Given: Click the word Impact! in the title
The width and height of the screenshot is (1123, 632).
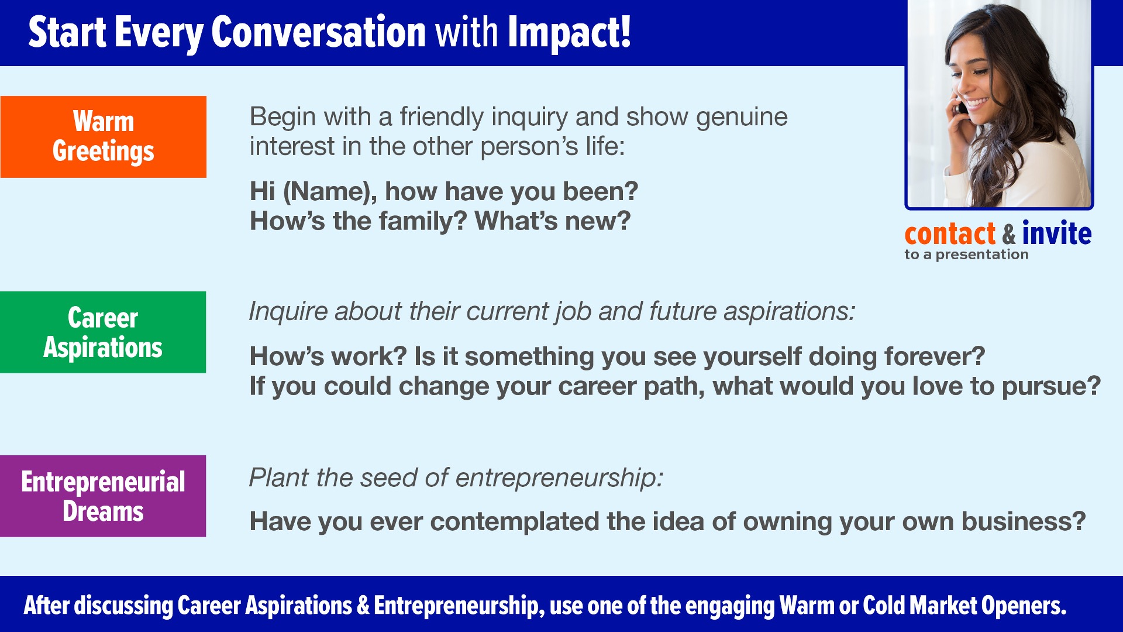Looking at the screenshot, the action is point(569,33).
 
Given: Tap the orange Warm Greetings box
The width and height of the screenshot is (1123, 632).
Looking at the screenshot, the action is point(104,137).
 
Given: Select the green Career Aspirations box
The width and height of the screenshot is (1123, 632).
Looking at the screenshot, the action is point(103,332).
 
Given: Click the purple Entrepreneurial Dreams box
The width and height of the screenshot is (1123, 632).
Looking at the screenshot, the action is point(103,496).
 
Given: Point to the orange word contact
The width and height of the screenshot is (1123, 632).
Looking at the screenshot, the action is point(950,233).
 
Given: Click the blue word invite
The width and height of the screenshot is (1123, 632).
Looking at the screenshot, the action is point(1056,233).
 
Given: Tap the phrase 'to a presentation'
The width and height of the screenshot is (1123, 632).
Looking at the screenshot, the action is point(966,255).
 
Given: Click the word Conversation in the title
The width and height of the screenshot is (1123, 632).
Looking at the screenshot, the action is point(318,32).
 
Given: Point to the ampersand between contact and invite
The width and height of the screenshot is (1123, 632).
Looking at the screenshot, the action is point(1009,234).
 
